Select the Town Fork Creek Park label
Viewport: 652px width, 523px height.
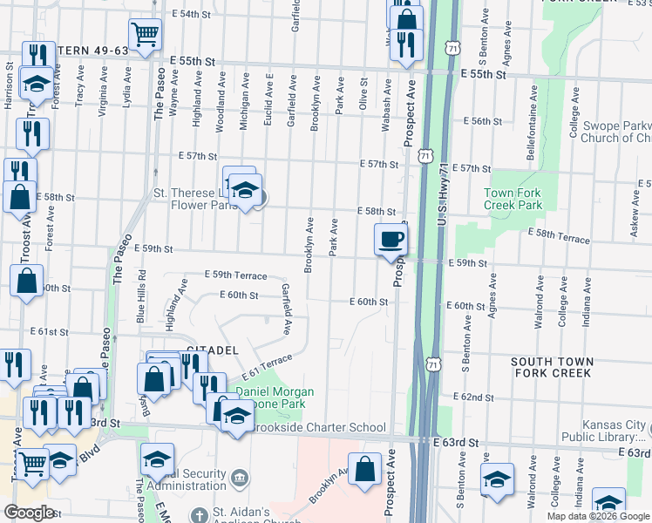[x=513, y=199]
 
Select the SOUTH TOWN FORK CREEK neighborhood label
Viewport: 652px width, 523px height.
[x=552, y=367]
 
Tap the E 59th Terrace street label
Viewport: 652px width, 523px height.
[x=235, y=275]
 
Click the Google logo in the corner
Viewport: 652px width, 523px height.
[x=29, y=513]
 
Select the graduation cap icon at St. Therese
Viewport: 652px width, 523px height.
[x=246, y=191]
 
